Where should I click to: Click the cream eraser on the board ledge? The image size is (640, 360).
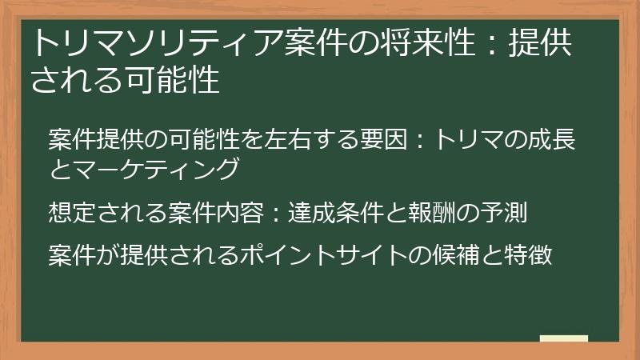point(564,338)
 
